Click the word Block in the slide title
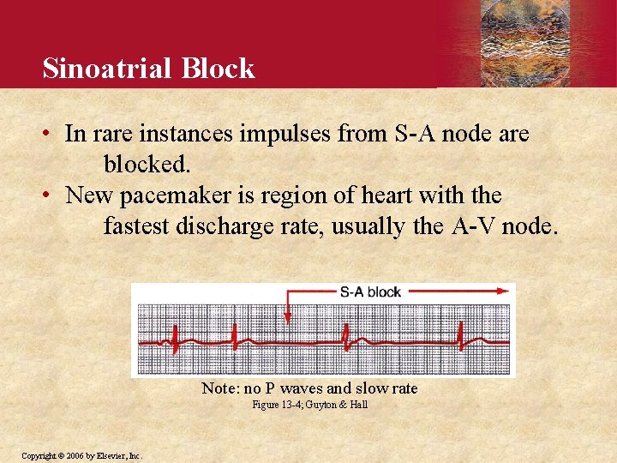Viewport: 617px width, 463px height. point(226,69)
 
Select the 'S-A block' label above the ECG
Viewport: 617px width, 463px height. point(370,292)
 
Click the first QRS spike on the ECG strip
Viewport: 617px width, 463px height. point(174,338)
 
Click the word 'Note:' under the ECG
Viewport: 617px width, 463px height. point(219,388)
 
